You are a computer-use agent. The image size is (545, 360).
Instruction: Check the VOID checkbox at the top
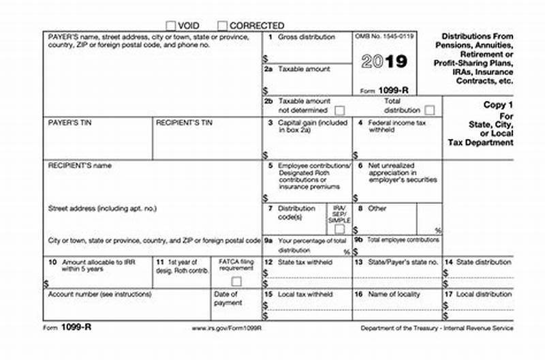point(171,25)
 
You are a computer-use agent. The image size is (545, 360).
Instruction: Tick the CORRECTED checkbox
point(222,25)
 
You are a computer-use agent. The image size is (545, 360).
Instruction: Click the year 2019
point(384,62)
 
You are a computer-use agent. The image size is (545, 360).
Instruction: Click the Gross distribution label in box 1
point(307,37)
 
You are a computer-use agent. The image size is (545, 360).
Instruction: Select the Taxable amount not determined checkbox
point(339,110)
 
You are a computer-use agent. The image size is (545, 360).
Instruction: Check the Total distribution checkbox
point(429,110)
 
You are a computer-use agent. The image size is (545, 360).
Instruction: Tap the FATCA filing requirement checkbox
point(236,281)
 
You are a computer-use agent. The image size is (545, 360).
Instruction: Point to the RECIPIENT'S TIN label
point(184,123)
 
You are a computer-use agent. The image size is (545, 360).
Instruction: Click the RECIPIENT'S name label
point(80,166)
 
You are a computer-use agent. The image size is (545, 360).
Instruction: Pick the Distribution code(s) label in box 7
point(298,213)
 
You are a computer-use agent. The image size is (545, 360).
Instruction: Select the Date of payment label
point(228,299)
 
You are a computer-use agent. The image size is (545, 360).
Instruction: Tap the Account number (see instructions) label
point(99,295)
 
